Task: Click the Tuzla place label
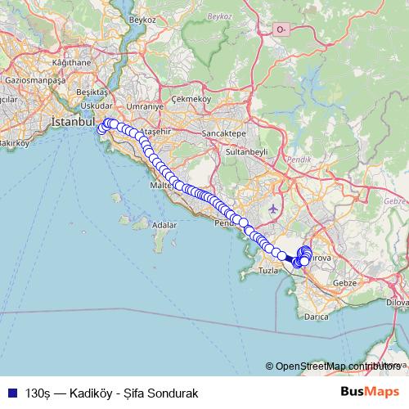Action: click(x=268, y=270)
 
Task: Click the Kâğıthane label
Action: click(x=71, y=62)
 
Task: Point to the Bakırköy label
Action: click(x=14, y=142)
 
